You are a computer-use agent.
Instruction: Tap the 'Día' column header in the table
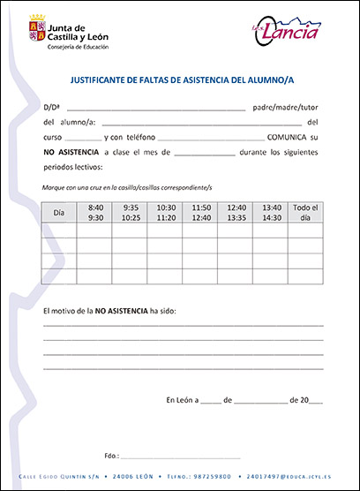coord(59,213)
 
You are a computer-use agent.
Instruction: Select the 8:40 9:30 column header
coord(96,212)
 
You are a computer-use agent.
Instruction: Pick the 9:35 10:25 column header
coord(131,212)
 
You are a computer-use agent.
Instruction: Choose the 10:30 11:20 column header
coord(166,212)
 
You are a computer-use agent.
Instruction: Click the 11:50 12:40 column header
coord(201,212)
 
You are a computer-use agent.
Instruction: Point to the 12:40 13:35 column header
coord(236,212)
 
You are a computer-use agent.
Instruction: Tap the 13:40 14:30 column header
coord(272,212)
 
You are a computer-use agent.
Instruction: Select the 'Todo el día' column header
coord(305,212)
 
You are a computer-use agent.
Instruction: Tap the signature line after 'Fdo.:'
coord(180,456)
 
